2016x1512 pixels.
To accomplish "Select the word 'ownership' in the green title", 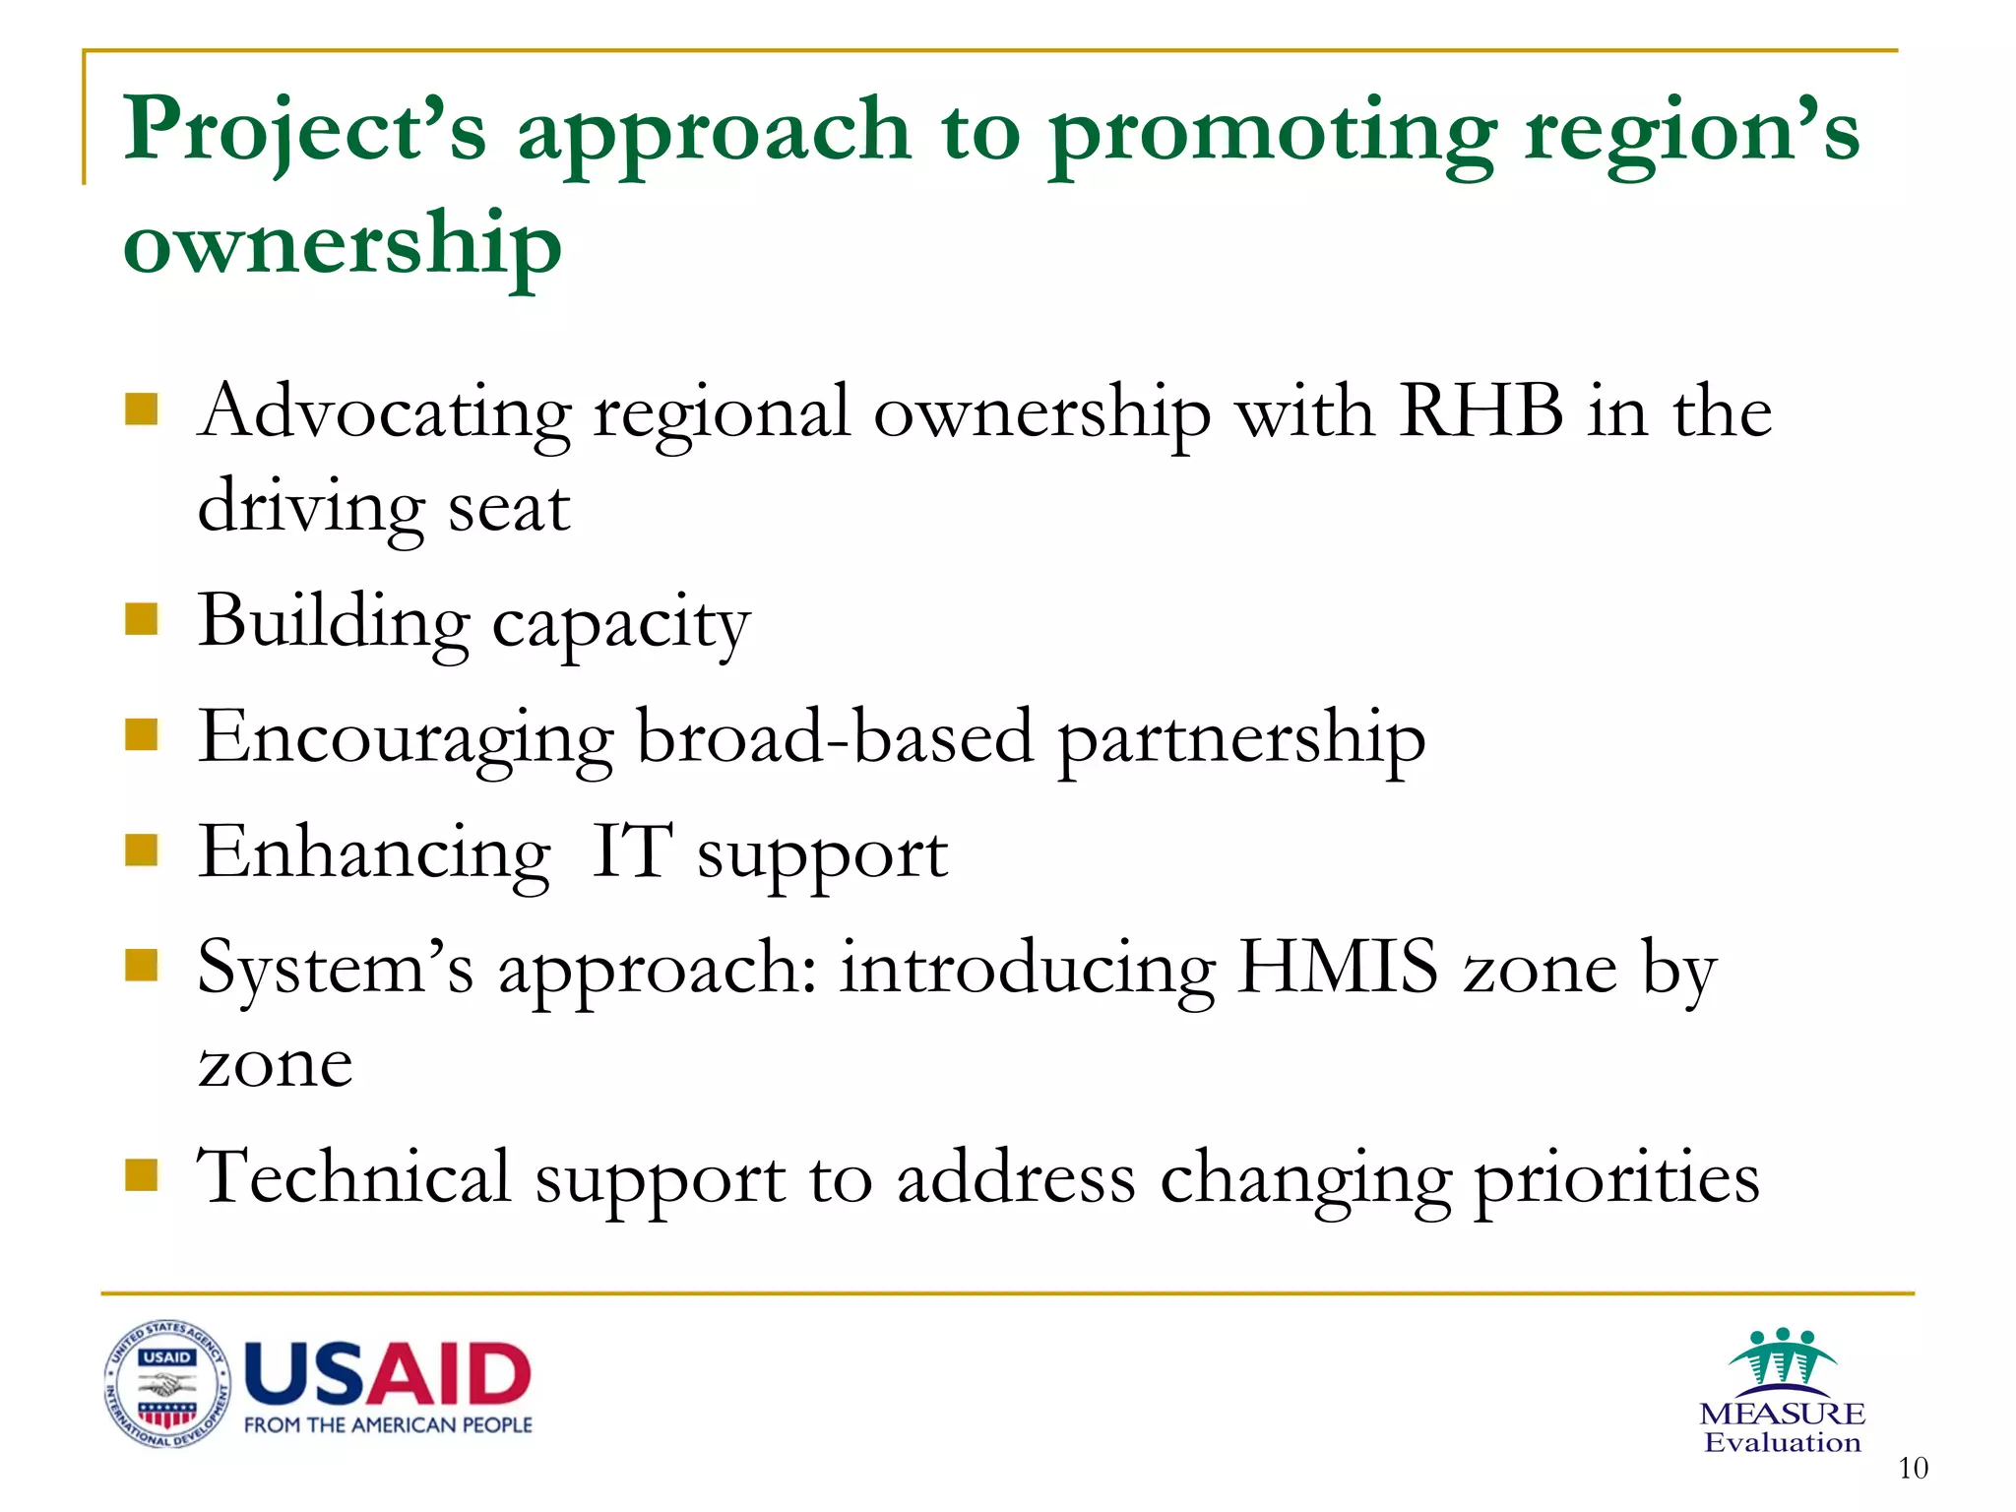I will (x=342, y=244).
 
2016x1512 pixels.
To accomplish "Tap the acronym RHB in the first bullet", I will (x=1480, y=410).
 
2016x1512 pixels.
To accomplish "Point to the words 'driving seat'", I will (x=384, y=508).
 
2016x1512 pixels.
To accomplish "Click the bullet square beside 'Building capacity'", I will (x=142, y=620).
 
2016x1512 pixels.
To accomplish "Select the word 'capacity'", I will (x=621, y=624).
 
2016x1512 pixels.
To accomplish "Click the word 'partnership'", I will (x=1241, y=739).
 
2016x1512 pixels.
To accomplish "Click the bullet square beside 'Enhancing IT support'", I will (x=142, y=849).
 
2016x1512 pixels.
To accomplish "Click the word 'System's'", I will (x=335, y=969).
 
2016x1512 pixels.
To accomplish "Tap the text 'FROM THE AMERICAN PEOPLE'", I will (x=388, y=1425).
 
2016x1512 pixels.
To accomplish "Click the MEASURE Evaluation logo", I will (x=1782, y=1391).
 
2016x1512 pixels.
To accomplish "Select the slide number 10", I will (x=1913, y=1469).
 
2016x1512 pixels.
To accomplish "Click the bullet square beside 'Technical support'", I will (x=142, y=1174).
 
